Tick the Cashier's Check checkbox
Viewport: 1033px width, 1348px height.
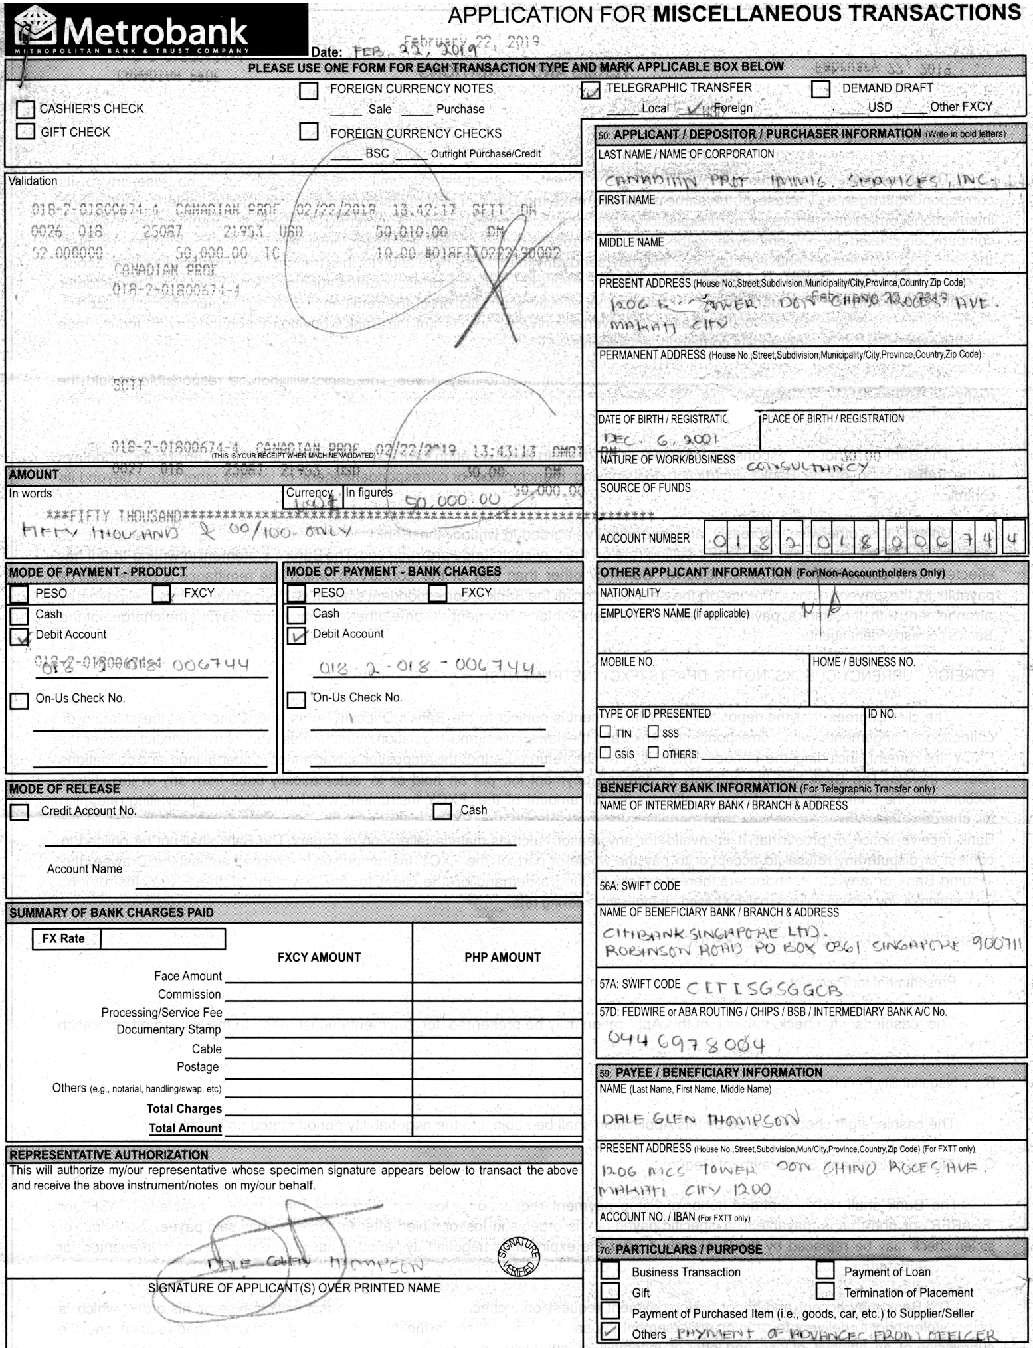[25, 109]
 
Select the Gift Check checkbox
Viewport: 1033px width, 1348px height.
[25, 131]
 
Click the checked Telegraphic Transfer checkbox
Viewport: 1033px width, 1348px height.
[590, 89]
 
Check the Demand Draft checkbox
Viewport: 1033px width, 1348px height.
[820, 89]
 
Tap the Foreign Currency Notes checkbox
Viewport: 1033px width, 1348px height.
[308, 90]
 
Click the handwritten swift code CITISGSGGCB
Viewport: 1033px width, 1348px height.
[764, 990]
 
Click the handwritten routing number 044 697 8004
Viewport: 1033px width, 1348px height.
[686, 1043]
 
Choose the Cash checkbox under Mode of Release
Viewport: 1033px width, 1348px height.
[442, 811]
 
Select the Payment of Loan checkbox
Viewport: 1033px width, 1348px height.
[825, 1270]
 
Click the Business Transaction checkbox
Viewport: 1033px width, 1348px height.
[610, 1270]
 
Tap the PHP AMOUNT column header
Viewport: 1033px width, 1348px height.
[502, 957]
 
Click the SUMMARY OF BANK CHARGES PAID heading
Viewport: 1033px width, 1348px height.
[112, 913]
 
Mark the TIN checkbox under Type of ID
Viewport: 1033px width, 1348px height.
[605, 732]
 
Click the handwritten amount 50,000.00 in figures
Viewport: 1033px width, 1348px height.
[452, 500]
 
